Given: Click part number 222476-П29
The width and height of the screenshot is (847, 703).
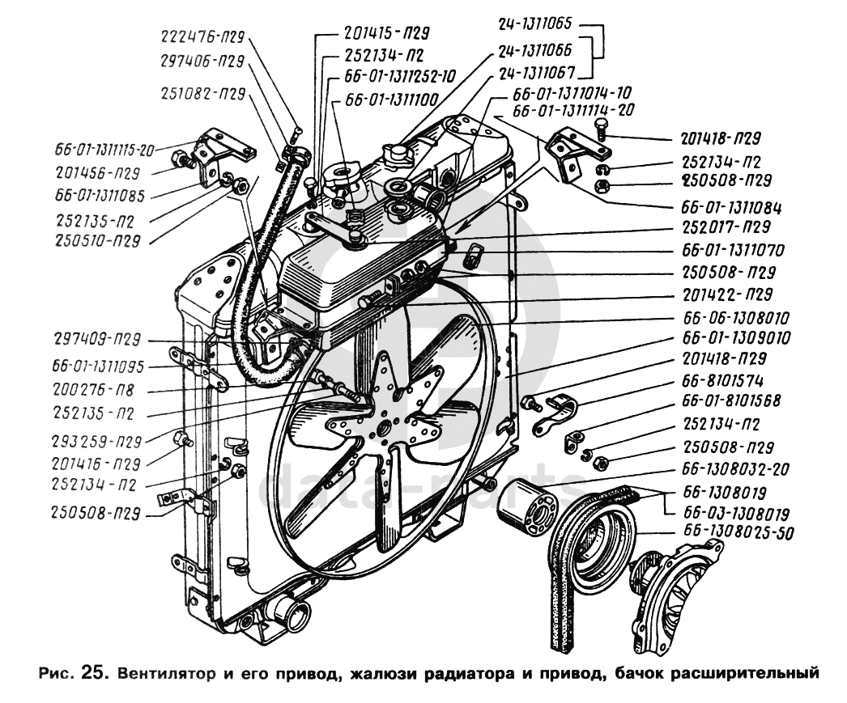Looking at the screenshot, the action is click(203, 36).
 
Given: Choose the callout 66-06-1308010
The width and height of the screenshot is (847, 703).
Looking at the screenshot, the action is click(736, 317).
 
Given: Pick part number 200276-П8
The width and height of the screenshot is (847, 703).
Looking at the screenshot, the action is click(94, 390).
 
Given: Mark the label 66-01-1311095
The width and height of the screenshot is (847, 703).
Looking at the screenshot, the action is click(98, 367).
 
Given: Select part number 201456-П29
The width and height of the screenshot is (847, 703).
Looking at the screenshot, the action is click(98, 172).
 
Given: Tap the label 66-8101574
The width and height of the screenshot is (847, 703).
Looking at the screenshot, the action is click(723, 381).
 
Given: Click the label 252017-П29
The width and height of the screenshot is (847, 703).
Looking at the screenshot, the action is click(726, 227).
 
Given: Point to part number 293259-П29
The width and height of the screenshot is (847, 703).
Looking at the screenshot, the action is click(96, 442).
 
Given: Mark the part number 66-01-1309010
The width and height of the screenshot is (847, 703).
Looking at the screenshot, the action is click(736, 338).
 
